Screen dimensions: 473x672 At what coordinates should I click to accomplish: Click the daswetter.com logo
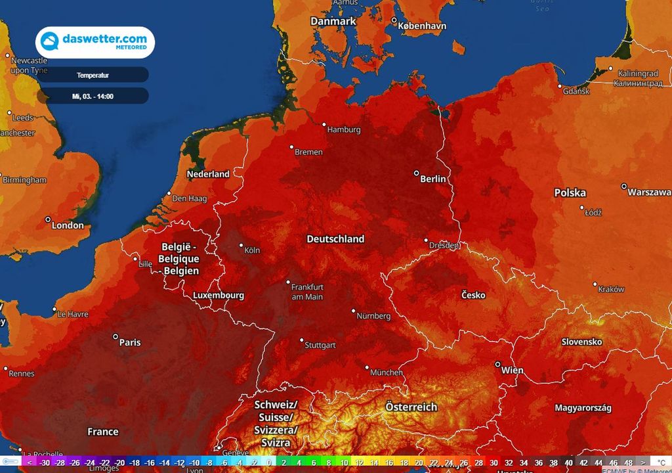pyautogui.click(x=95, y=43)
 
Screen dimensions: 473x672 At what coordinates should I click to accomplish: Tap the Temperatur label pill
pyautogui.click(x=93, y=75)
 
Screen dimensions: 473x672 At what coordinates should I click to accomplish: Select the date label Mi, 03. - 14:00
pyautogui.click(x=93, y=96)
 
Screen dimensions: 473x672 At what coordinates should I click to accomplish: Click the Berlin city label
pyautogui.click(x=433, y=179)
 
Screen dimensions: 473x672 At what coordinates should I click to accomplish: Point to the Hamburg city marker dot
pyautogui.click(x=324, y=124)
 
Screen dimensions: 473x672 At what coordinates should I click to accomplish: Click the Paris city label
pyautogui.click(x=130, y=342)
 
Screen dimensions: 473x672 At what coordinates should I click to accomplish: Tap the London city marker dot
pyautogui.click(x=48, y=219)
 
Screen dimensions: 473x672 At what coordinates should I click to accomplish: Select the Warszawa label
pyautogui.click(x=649, y=192)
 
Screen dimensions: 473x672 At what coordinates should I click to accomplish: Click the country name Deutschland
pyautogui.click(x=335, y=239)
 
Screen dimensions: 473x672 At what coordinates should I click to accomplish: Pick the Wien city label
pyautogui.click(x=513, y=371)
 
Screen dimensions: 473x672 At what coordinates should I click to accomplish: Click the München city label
pyautogui.click(x=387, y=372)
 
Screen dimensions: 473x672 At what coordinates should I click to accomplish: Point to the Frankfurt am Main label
pyautogui.click(x=308, y=292)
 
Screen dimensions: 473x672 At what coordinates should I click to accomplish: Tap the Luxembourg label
pyautogui.click(x=219, y=296)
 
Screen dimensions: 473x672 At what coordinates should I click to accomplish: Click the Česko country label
pyautogui.click(x=473, y=295)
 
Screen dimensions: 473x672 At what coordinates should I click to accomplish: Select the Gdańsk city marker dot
pyautogui.click(x=560, y=86)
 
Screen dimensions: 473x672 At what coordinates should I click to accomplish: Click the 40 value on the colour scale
pyautogui.click(x=569, y=462)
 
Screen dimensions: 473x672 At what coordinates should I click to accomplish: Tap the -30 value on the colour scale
pyautogui.click(x=45, y=462)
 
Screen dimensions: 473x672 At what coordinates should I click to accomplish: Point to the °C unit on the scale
pyautogui.click(x=661, y=462)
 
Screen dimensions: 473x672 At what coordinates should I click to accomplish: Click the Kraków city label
pyautogui.click(x=612, y=289)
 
